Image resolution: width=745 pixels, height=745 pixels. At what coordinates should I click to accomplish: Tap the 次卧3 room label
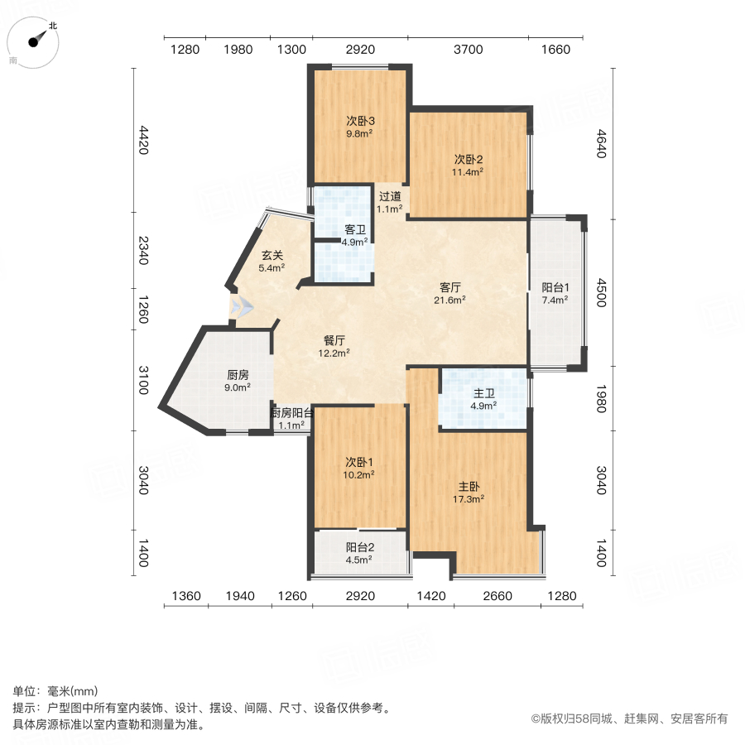[x=359, y=126]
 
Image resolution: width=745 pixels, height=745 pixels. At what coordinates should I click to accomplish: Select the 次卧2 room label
[x=468, y=165]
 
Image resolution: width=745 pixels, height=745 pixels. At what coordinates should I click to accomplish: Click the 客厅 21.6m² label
[x=451, y=293]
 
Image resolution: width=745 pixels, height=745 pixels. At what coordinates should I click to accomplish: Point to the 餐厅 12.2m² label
[x=335, y=345]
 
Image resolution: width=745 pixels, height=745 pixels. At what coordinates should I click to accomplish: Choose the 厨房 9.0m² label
[x=238, y=379]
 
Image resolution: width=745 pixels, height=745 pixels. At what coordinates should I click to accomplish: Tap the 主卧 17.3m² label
[x=470, y=493]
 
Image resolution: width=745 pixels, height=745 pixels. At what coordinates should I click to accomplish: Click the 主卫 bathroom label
[x=483, y=399]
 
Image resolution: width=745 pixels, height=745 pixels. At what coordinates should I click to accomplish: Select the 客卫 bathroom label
[x=356, y=235]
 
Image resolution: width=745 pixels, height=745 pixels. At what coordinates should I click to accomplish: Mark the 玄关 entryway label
[x=272, y=261]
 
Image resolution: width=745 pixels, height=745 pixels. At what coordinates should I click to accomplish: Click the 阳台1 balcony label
[x=555, y=293]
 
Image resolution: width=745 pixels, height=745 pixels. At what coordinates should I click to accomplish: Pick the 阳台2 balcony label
[x=358, y=552]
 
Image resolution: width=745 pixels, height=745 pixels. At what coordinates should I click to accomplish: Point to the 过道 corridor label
[x=390, y=202]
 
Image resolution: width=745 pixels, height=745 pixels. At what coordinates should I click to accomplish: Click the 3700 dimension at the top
[x=468, y=50]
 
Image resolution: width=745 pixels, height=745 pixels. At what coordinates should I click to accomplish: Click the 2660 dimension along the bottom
[x=497, y=596]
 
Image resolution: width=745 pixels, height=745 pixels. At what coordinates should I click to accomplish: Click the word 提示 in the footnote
[x=24, y=709]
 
